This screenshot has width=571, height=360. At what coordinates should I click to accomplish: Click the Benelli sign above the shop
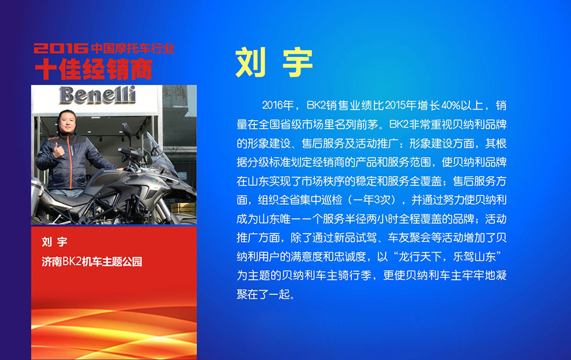click(x=97, y=95)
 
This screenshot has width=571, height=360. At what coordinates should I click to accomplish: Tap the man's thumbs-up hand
click(x=58, y=150)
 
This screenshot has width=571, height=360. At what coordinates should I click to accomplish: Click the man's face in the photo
click(x=67, y=122)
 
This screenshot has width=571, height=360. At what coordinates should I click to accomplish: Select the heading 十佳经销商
click(x=93, y=69)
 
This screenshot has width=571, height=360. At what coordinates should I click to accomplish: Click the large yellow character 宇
click(x=298, y=62)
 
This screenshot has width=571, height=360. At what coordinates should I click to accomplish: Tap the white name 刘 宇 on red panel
click(x=54, y=242)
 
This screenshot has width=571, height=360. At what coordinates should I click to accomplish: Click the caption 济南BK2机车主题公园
click(x=92, y=261)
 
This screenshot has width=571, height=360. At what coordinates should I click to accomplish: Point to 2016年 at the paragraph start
click(x=278, y=106)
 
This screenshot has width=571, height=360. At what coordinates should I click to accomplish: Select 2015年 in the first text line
click(x=401, y=106)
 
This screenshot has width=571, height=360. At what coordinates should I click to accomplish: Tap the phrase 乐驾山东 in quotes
click(x=474, y=257)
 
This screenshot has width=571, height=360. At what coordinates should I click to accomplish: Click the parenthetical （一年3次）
click(x=374, y=200)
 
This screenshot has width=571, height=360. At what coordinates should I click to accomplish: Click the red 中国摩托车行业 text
click(x=133, y=48)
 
